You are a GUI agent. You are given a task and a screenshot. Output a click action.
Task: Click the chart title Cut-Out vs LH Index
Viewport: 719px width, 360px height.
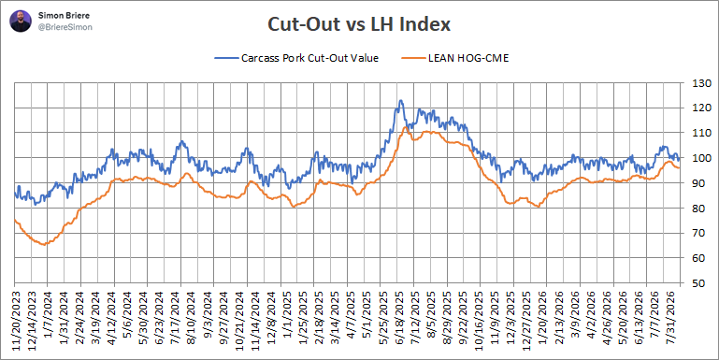(x=359, y=24)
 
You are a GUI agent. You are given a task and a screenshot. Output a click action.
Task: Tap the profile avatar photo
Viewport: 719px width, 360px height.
(x=21, y=22)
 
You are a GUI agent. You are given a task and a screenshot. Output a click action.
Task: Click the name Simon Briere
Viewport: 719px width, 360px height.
(x=58, y=16)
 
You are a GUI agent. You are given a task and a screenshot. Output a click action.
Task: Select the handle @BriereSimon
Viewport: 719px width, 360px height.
(x=65, y=27)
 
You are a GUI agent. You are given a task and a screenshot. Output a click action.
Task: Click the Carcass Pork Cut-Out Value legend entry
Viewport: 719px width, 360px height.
(x=296, y=58)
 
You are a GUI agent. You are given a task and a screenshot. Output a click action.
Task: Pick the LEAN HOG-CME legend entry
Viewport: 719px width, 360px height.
(x=455, y=58)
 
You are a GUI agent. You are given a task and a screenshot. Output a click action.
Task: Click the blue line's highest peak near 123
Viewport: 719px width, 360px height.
(x=401, y=100)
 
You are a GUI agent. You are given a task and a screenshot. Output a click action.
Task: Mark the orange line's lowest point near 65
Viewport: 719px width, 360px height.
(x=45, y=244)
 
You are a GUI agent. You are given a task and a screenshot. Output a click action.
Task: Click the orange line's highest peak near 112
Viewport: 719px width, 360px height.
(x=405, y=127)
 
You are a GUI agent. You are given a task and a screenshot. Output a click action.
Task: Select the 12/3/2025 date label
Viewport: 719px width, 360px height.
(x=512, y=315)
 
